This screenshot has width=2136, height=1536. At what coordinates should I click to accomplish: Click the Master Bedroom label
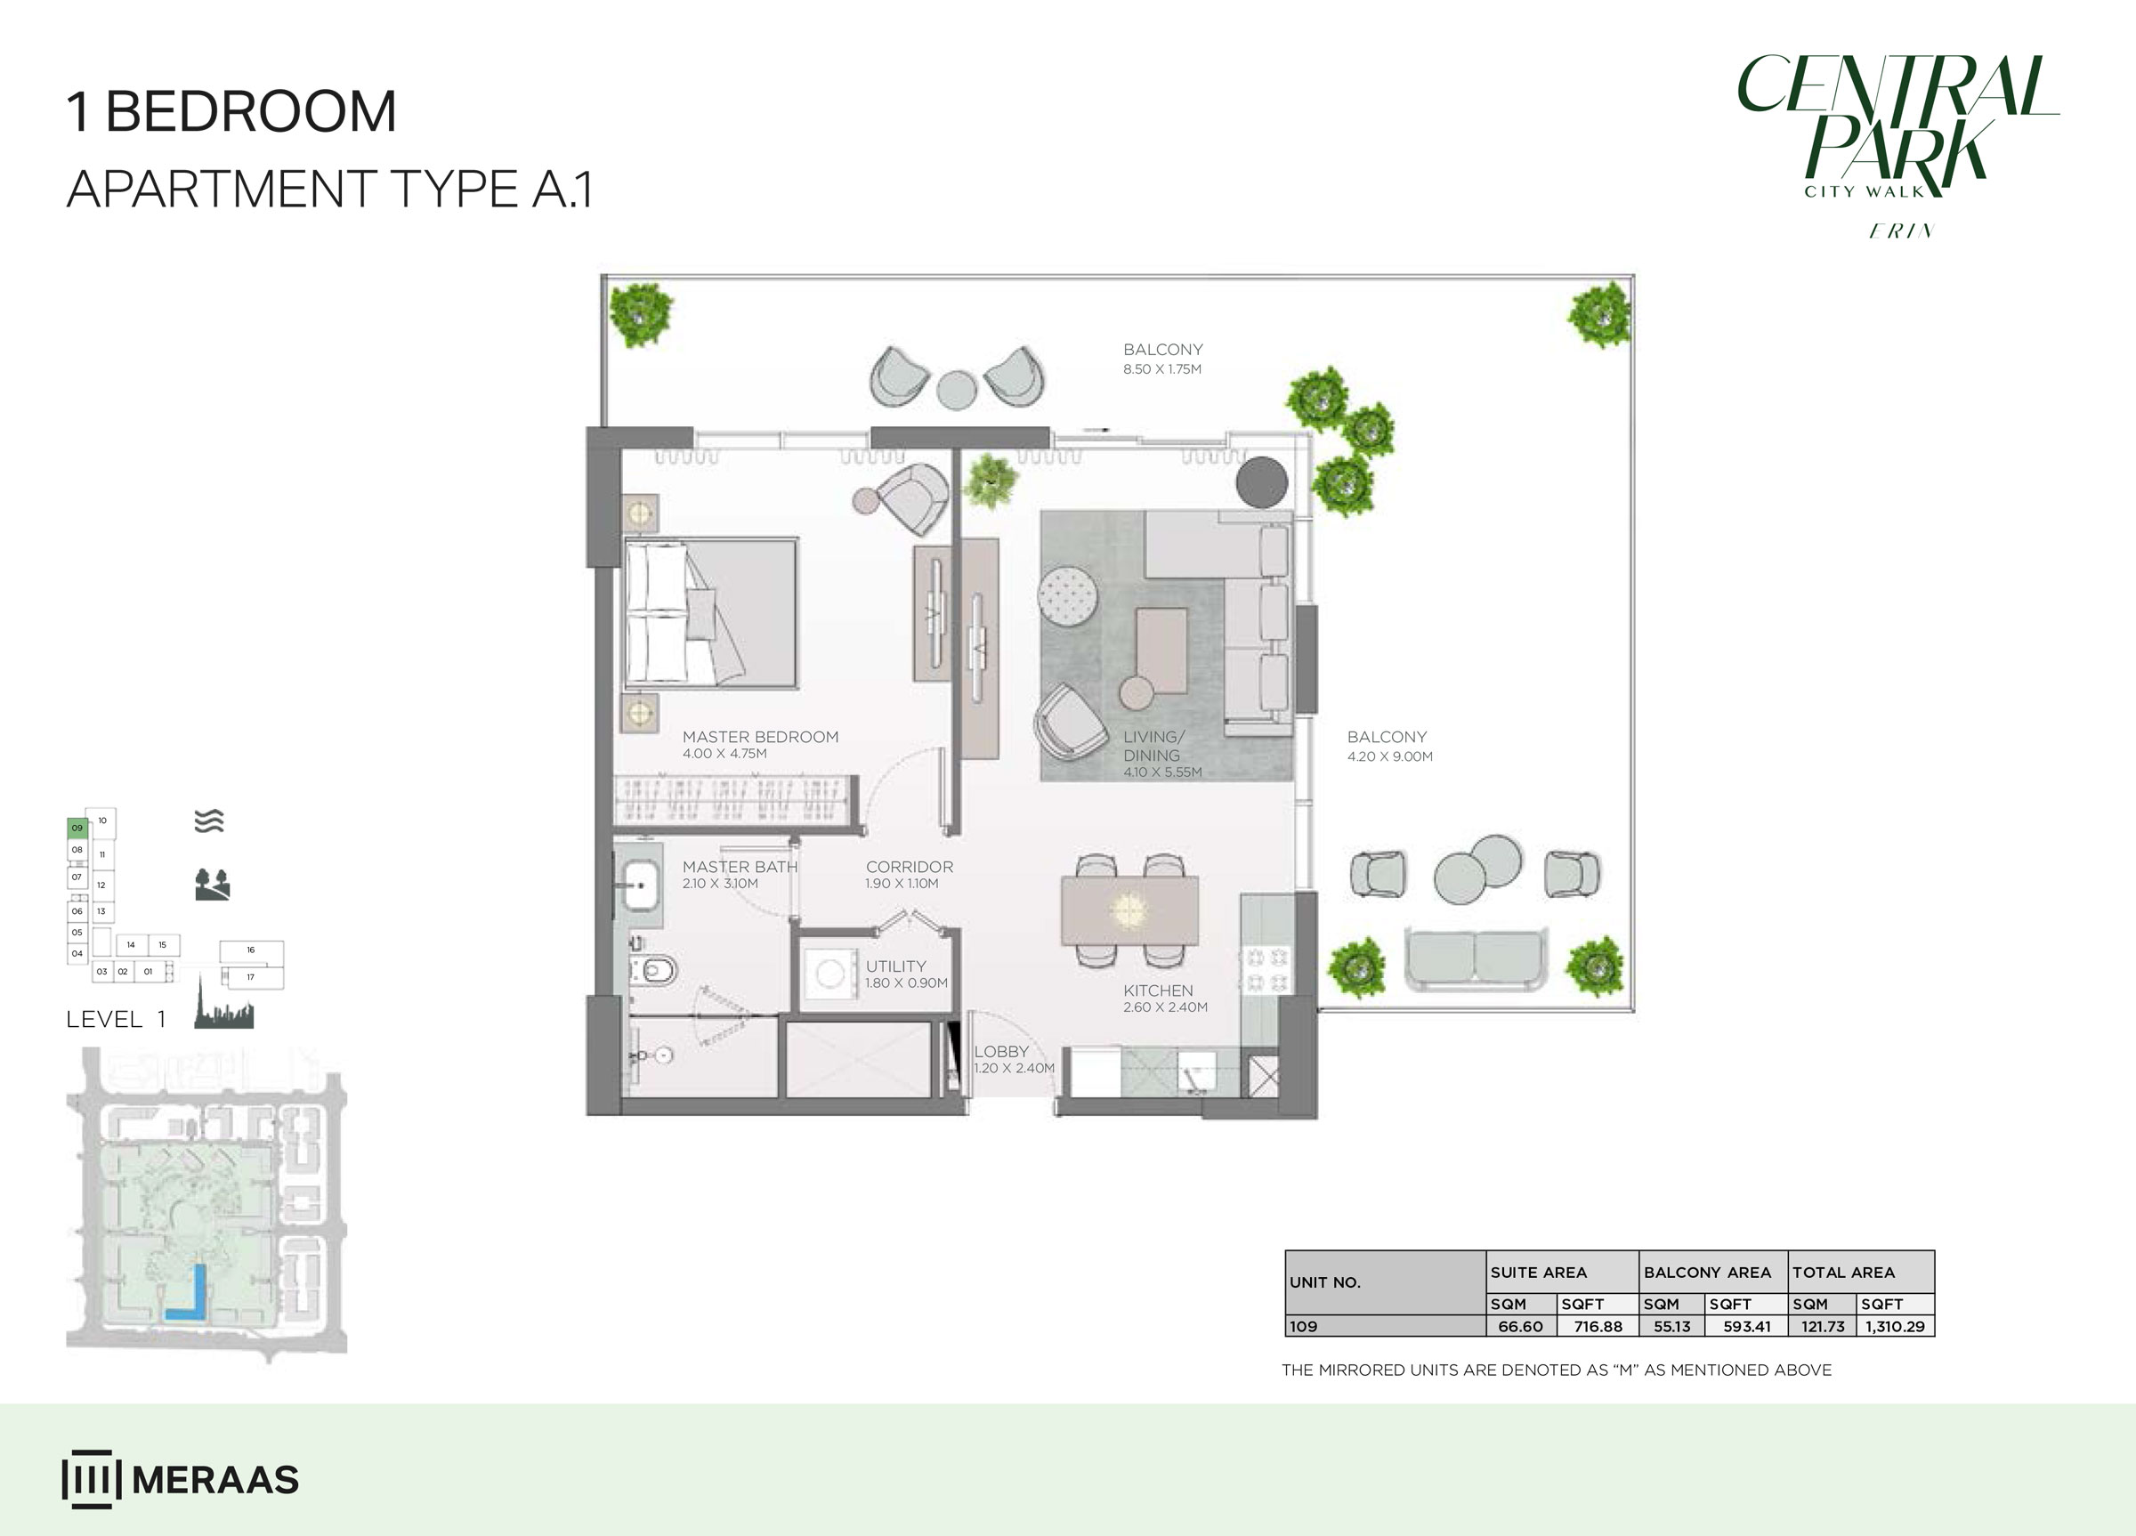tap(759, 738)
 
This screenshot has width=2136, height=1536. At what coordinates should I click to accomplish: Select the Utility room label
tap(895, 966)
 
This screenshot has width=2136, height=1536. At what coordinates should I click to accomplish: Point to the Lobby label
tap(1000, 1052)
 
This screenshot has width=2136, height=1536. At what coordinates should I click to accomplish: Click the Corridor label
tap(909, 868)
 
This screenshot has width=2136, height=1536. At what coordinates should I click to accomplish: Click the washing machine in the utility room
tap(829, 974)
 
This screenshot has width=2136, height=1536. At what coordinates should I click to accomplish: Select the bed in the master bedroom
tap(711, 612)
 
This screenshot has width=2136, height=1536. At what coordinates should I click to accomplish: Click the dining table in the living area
tap(1129, 909)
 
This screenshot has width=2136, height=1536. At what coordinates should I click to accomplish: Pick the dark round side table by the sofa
tap(1261, 481)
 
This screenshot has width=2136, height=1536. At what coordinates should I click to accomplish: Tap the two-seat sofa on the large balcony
tap(1475, 957)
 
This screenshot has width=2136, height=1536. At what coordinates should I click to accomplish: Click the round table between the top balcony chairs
tap(957, 390)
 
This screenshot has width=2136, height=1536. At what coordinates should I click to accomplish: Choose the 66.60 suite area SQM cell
tap(1520, 1326)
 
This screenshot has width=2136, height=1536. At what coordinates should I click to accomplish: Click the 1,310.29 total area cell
tap(1894, 1326)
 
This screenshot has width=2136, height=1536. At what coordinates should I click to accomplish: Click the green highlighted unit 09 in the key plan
tap(77, 829)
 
